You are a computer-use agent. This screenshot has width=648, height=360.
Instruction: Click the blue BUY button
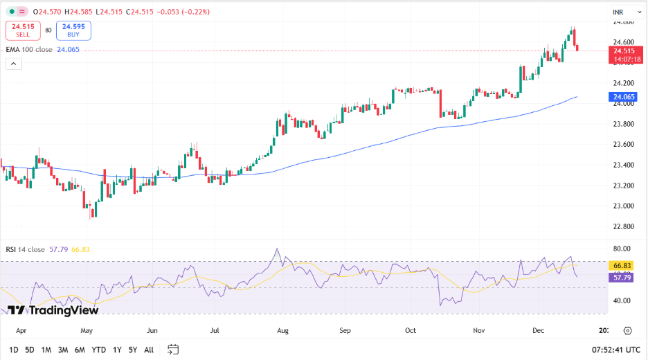(73, 30)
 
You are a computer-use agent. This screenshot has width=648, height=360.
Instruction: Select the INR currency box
(619, 12)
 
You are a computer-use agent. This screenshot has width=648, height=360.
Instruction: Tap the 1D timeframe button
(14, 350)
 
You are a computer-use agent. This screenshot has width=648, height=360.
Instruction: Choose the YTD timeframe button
(98, 350)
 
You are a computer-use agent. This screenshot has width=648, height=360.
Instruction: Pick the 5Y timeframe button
(132, 350)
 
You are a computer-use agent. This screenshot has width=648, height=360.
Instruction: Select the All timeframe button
(149, 350)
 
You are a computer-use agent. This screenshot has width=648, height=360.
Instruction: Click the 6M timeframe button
(80, 350)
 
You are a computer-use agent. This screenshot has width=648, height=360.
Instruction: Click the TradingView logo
(53, 311)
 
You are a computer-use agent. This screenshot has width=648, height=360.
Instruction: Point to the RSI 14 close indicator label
(26, 249)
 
